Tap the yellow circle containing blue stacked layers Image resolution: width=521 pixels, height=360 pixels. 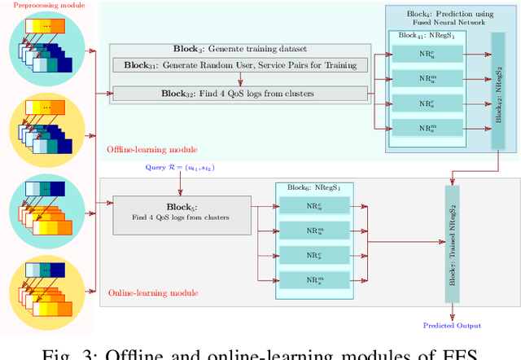(x=48, y=131)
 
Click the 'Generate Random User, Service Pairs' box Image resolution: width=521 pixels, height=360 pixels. (x=240, y=64)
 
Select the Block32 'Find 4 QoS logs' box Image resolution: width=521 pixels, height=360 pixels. (x=240, y=93)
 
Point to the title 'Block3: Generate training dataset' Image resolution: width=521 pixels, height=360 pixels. (x=241, y=49)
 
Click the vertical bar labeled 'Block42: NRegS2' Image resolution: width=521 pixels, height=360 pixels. (x=498, y=102)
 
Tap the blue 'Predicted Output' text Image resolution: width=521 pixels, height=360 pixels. (x=452, y=326)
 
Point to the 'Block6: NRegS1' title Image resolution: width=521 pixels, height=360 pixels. (x=313, y=187)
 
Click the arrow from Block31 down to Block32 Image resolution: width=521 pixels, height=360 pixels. (x=240, y=78)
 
